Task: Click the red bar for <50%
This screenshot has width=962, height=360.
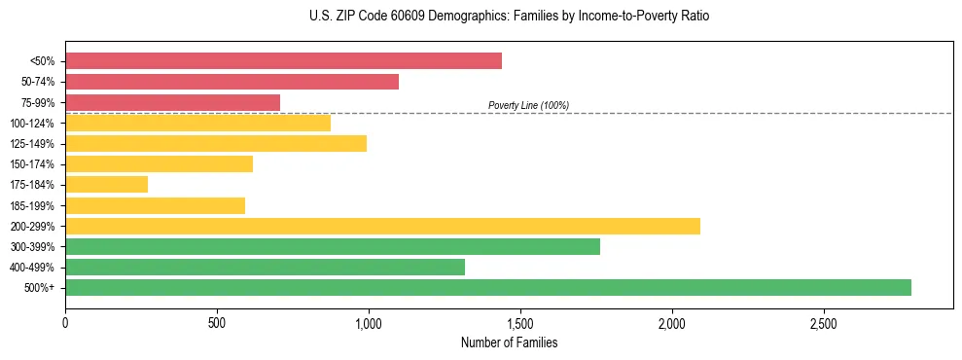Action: (x=283, y=61)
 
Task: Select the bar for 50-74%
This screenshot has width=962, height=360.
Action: (x=232, y=82)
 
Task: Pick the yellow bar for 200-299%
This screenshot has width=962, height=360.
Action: (x=382, y=226)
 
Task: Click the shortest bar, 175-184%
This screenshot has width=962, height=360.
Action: (x=106, y=184)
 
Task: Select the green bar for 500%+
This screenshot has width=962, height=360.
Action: (x=487, y=287)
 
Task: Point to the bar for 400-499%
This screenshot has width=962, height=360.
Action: (x=265, y=267)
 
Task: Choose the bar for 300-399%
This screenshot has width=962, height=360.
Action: (x=332, y=246)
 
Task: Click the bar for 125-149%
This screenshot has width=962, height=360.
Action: (x=215, y=143)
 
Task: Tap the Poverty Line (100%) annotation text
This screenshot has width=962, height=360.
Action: (x=528, y=105)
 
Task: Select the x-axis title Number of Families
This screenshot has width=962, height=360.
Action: (x=509, y=342)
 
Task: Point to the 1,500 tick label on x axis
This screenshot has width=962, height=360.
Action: (x=520, y=322)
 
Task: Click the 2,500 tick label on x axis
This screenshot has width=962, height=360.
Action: (x=824, y=322)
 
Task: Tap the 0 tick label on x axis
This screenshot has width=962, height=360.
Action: (x=65, y=322)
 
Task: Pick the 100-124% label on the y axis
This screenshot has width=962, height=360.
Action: (x=32, y=124)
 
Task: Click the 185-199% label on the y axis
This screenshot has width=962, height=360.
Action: (x=32, y=205)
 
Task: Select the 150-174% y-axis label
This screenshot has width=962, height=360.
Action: (x=32, y=164)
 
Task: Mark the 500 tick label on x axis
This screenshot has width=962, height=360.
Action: (x=217, y=322)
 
